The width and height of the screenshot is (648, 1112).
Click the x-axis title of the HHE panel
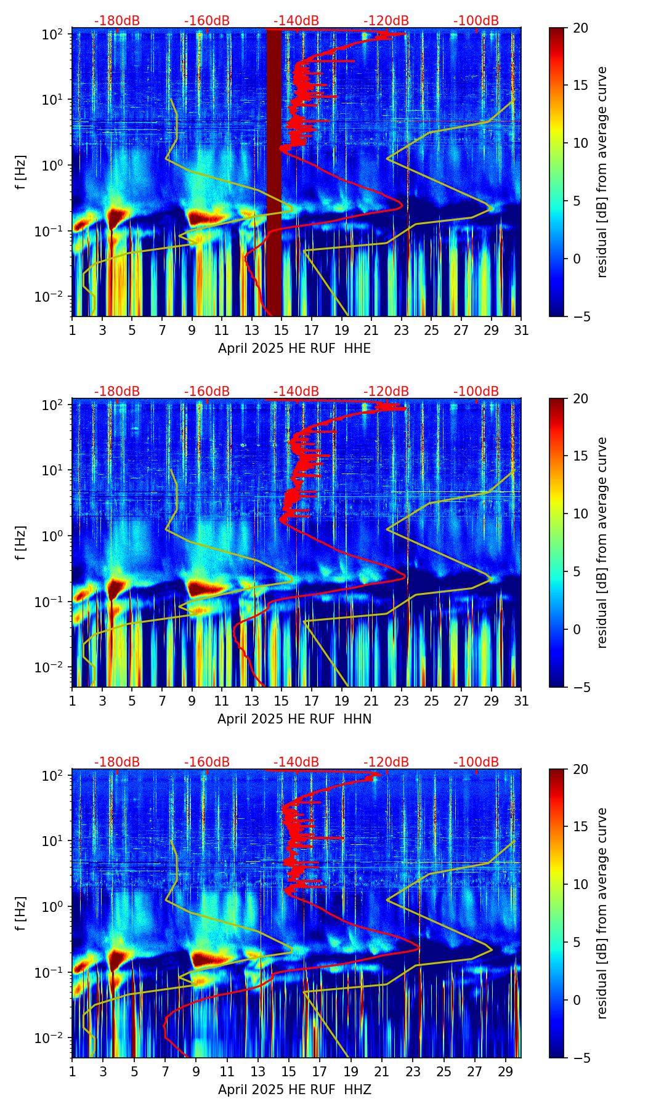[x=294, y=349]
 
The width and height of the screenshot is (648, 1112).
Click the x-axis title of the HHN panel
[x=294, y=719]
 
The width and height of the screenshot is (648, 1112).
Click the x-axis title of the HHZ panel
[x=294, y=1090]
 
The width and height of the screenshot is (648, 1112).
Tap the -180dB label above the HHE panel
[x=117, y=21]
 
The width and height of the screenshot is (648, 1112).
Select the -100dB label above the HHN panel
[x=476, y=392]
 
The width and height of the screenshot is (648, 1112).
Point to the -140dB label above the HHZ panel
[x=296, y=762]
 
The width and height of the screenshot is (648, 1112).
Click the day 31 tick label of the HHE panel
[x=521, y=330]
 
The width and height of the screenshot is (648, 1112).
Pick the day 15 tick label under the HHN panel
[x=281, y=701]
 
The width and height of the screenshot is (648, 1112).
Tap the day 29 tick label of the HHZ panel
[x=506, y=1071]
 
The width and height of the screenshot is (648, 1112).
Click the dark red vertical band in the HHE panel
[x=274, y=172]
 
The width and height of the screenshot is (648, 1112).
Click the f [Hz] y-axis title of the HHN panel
[x=21, y=542]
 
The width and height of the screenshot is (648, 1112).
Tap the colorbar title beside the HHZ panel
[x=602, y=913]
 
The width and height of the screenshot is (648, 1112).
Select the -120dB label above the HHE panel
[x=386, y=21]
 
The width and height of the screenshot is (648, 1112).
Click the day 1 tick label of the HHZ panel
[x=72, y=1071]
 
